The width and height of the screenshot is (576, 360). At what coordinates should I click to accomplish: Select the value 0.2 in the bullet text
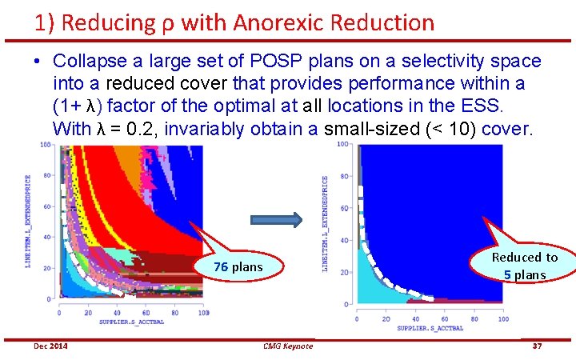144,128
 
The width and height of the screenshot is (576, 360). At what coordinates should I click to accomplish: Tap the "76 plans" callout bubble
238,266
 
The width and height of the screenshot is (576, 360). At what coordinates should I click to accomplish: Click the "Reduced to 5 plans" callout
524,266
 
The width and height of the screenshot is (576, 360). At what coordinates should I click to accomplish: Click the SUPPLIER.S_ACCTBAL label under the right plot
430,327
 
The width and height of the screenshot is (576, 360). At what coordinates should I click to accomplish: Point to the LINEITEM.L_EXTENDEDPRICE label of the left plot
28,220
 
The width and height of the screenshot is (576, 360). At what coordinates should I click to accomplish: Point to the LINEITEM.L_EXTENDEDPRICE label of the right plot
326,223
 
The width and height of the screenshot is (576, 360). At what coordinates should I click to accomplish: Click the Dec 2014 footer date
50,346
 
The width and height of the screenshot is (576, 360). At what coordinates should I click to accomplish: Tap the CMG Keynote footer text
287,346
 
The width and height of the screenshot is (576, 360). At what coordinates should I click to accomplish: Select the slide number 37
537,346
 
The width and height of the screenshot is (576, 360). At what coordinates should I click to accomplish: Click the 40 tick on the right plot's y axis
346,241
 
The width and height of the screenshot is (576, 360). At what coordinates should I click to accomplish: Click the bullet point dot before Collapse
38,62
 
